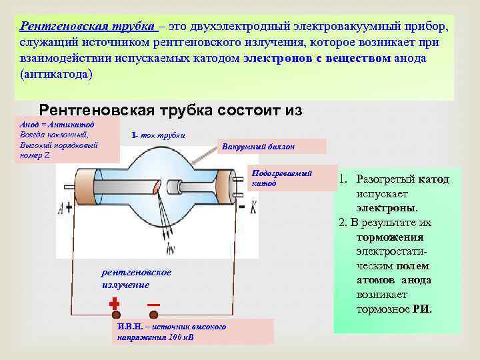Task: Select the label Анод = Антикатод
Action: (57, 125)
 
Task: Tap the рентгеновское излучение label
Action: (136, 279)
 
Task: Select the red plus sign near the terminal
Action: (114, 303)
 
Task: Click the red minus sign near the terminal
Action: (153, 304)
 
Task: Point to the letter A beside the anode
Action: (69, 208)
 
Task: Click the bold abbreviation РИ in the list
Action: (421, 309)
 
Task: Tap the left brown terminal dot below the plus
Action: (115, 315)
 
